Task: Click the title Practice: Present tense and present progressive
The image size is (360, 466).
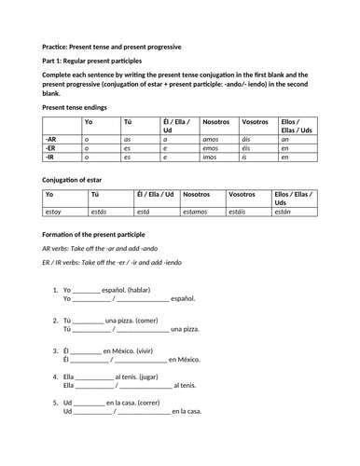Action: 113,46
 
